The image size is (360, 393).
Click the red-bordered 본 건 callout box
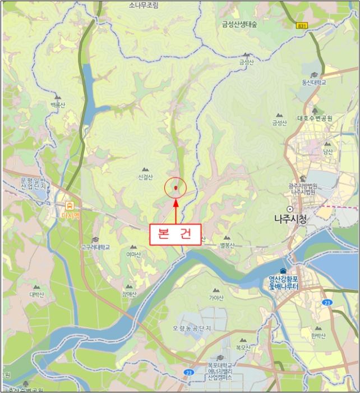click(175, 235)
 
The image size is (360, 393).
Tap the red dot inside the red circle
click(176, 188)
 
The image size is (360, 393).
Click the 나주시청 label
click(290, 219)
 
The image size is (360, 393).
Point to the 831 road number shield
click(302, 26)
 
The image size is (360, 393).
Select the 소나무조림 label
click(144, 5)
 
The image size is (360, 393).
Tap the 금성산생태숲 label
click(239, 24)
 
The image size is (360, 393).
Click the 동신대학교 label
click(314, 83)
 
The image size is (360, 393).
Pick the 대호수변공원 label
click(315, 118)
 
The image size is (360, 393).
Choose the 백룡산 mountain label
click(58, 105)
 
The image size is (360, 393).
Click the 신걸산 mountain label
click(145, 177)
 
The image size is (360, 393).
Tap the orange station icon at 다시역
click(70, 205)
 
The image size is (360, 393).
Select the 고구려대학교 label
click(95, 247)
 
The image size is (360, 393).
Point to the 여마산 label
click(133, 254)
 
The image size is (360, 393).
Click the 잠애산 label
click(129, 294)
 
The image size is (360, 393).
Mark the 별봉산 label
click(227, 245)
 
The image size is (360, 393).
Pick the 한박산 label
click(318, 336)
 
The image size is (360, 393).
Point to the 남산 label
click(327, 151)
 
